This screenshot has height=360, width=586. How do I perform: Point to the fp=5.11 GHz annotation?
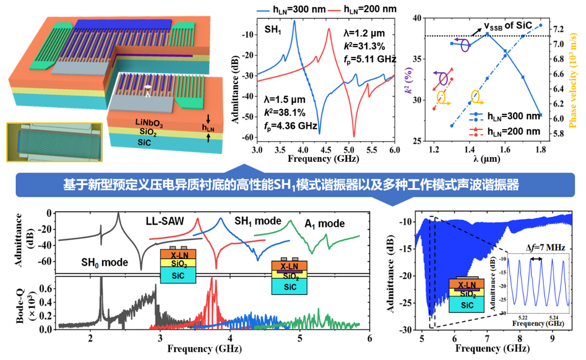click(370, 59)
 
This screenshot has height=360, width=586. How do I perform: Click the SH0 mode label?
click(102, 262)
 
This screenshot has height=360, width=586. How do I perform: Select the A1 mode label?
click(324, 224)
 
